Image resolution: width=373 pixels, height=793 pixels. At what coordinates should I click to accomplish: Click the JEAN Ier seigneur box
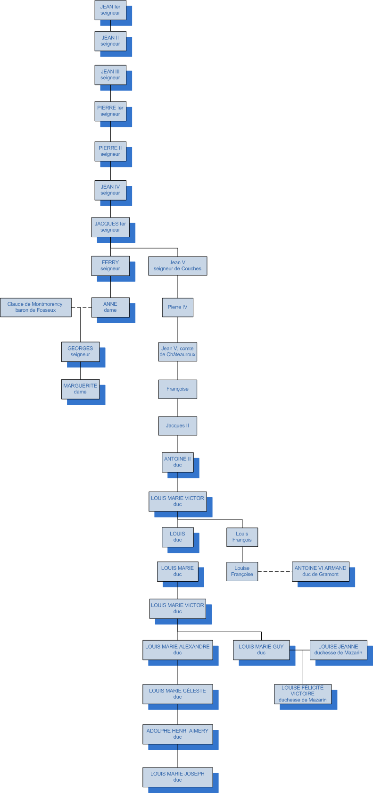pyautogui.click(x=110, y=10)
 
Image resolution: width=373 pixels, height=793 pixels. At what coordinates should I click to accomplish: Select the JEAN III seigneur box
pyautogui.click(x=110, y=75)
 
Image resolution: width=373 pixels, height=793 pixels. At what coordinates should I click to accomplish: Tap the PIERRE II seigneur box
pyautogui.click(x=110, y=151)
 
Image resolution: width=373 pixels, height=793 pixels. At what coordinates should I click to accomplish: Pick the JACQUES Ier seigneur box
pyautogui.click(x=110, y=227)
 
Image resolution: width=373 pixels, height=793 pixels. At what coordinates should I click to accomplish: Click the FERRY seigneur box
pyautogui.click(x=110, y=266)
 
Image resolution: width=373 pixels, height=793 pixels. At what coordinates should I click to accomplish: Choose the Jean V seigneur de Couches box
pyautogui.click(x=177, y=266)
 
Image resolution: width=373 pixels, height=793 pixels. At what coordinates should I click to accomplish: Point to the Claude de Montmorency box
pyautogui.click(x=36, y=307)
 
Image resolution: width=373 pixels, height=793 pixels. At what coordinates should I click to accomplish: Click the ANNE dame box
pyautogui.click(x=110, y=307)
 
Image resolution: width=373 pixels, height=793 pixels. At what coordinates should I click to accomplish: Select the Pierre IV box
pyautogui.click(x=177, y=307)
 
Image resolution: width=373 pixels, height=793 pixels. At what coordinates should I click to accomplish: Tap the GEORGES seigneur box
pyautogui.click(x=80, y=351)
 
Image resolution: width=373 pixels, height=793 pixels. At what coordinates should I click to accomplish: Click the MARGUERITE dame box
pyautogui.click(x=80, y=389)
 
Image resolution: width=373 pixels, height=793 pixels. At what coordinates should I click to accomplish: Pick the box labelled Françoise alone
pyautogui.click(x=177, y=389)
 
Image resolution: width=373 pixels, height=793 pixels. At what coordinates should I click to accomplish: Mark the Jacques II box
pyautogui.click(x=177, y=426)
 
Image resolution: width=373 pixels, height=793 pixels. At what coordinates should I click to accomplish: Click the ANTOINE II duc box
pyautogui.click(x=177, y=462)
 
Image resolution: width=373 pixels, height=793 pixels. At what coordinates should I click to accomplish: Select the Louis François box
pyautogui.click(x=242, y=537)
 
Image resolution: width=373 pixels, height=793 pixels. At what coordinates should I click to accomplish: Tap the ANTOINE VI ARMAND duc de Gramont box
pyautogui.click(x=320, y=571)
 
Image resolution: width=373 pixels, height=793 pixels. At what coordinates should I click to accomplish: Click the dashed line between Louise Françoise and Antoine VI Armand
pyautogui.click(x=274, y=571)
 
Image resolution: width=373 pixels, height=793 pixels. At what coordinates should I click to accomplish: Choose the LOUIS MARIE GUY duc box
pyautogui.click(x=261, y=650)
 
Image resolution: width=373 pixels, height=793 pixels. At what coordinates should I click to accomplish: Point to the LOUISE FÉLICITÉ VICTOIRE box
pyautogui.click(x=302, y=694)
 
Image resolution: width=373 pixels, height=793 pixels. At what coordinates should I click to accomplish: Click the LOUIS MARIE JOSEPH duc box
pyautogui.click(x=177, y=776)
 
